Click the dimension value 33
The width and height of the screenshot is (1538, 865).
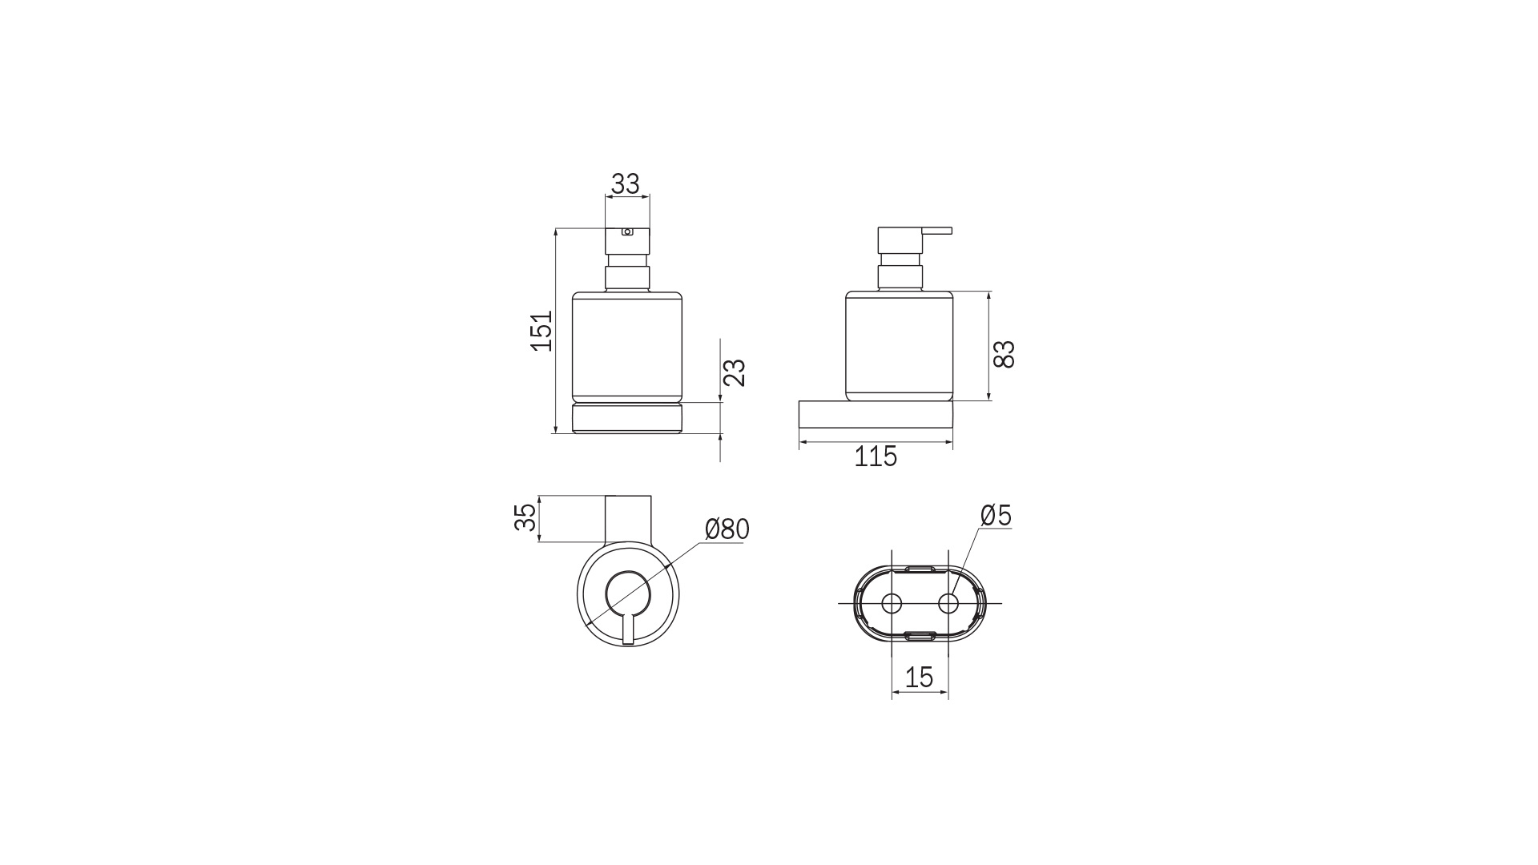click(x=626, y=183)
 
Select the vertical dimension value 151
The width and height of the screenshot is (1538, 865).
click(x=542, y=330)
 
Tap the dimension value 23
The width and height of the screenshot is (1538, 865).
click(x=735, y=372)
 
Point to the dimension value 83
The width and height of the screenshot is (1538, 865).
click(x=1004, y=353)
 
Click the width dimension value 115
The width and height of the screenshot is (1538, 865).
click(x=876, y=457)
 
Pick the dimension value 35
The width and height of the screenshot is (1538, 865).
click(x=525, y=517)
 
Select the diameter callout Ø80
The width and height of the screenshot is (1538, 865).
click(x=727, y=529)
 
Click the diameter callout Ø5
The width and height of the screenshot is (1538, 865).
click(x=996, y=515)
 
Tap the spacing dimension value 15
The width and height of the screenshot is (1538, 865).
click(x=919, y=678)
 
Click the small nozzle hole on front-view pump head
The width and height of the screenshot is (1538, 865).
click(x=627, y=232)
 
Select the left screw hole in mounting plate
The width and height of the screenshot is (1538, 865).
click(x=891, y=602)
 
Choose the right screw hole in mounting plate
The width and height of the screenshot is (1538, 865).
click(x=948, y=602)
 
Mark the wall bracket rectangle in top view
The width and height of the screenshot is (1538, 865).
click(x=628, y=519)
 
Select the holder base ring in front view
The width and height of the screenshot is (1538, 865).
click(x=627, y=418)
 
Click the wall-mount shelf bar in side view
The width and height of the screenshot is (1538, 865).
click(x=875, y=414)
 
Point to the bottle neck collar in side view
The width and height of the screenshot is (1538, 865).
click(x=901, y=277)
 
